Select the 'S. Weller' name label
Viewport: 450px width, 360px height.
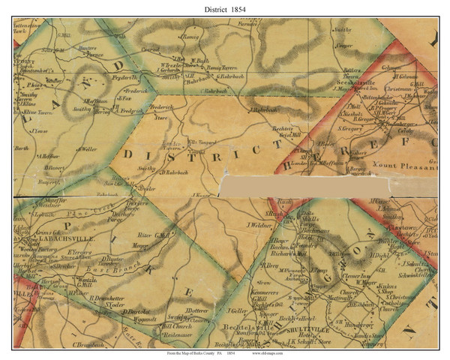point(87,149)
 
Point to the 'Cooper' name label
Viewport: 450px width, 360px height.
point(344,44)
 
